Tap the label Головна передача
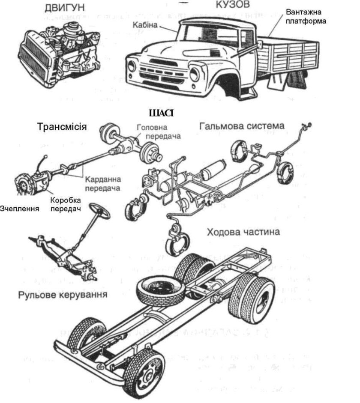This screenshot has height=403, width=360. [x=158, y=132]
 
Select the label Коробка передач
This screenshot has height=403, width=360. [x=66, y=204]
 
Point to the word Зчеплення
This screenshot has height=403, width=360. [x=20, y=209]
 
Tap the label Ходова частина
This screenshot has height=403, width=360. [x=243, y=232]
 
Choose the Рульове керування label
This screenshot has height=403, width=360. [x=62, y=295]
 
